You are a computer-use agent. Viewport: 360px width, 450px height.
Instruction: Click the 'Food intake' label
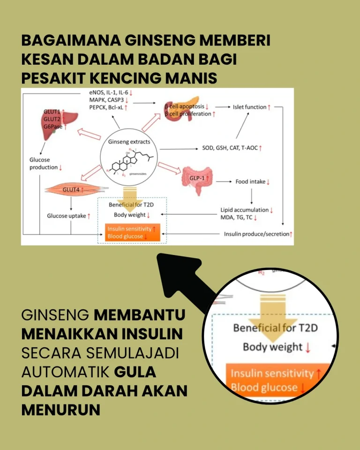tap(252, 181)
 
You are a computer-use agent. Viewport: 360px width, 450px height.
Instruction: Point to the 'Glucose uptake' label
tap(66, 216)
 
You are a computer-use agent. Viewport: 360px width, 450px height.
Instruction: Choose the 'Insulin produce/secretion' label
tap(256, 234)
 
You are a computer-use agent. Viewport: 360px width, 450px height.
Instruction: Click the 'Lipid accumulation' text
tap(244, 210)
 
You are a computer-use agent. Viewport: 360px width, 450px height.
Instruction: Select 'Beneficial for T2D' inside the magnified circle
tap(275, 327)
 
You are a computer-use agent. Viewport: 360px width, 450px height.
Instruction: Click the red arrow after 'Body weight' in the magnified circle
tap(307, 348)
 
